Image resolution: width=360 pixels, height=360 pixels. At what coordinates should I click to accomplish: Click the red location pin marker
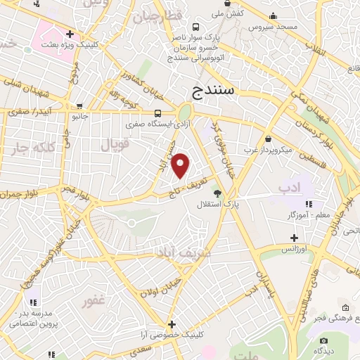(x=181, y=165)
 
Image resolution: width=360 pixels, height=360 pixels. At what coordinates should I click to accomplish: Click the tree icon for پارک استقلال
(x=217, y=193)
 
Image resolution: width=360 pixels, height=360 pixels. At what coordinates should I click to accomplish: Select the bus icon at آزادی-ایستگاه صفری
(x=158, y=113)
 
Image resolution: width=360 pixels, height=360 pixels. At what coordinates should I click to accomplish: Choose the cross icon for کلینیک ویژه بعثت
(x=70, y=33)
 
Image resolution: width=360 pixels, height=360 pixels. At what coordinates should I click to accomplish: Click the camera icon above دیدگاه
(x=324, y=340)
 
